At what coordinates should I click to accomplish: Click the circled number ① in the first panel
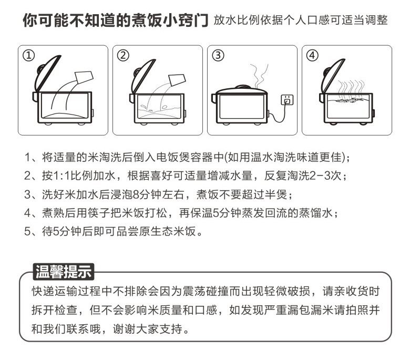(x=29, y=55)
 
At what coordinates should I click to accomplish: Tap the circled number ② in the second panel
(x=123, y=55)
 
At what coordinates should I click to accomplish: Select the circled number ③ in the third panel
(x=218, y=55)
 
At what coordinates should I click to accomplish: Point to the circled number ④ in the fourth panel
(x=312, y=55)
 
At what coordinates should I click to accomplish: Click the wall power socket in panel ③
(x=287, y=100)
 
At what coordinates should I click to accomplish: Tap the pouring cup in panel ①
(x=84, y=77)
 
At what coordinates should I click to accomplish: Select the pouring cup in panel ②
(x=177, y=80)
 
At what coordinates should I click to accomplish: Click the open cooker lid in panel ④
(x=331, y=76)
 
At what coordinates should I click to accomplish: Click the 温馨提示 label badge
(x=63, y=272)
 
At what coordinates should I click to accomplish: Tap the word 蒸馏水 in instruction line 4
(x=316, y=213)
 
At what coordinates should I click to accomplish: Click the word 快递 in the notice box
(x=43, y=291)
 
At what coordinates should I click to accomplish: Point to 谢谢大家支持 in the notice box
(x=148, y=328)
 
